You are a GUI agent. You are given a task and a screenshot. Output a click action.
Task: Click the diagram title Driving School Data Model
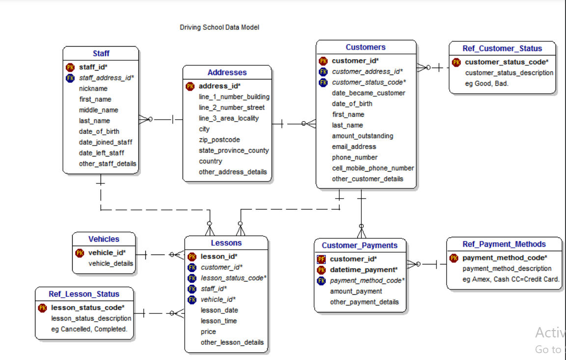pyautogui.click(x=219, y=27)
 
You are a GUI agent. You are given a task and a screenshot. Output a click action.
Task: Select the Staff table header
pyautogui.click(x=101, y=53)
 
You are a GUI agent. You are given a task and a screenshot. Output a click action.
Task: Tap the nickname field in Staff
pyautogui.click(x=93, y=89)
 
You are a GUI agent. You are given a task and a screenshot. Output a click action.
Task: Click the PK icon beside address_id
pyautogui.click(x=190, y=86)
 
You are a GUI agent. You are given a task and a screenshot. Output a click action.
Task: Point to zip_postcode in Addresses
pyautogui.click(x=219, y=140)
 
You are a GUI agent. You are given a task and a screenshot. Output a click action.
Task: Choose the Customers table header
pyautogui.click(x=366, y=47)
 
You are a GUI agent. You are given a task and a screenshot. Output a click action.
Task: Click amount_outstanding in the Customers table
pyautogui.click(x=362, y=136)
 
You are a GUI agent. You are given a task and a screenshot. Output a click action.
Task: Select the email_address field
pyautogui.click(x=354, y=147)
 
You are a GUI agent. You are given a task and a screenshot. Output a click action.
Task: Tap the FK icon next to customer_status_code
pyautogui.click(x=323, y=82)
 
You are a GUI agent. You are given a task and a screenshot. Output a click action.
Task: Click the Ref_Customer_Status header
pyautogui.click(x=502, y=49)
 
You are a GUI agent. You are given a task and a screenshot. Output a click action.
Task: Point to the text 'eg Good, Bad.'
pyautogui.click(x=487, y=84)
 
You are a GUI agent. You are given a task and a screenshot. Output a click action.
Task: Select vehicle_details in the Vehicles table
pyautogui.click(x=110, y=263)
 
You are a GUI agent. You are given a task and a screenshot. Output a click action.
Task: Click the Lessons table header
pyautogui.click(x=226, y=243)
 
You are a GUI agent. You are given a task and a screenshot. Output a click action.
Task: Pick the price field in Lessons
pyautogui.click(x=208, y=332)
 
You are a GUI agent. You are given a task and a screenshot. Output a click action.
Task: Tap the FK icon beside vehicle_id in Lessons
pyautogui.click(x=192, y=300)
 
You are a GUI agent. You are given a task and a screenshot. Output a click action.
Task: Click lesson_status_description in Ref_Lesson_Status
pyautogui.click(x=91, y=319)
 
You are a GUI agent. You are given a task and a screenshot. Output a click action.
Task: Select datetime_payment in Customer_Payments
pyautogui.click(x=363, y=270)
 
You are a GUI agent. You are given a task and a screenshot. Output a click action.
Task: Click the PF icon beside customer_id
pyautogui.click(x=321, y=259)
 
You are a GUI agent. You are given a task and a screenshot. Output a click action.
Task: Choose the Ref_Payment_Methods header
pyautogui.click(x=504, y=244)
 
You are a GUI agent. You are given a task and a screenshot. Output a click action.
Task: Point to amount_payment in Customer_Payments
pyautogui.click(x=356, y=291)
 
